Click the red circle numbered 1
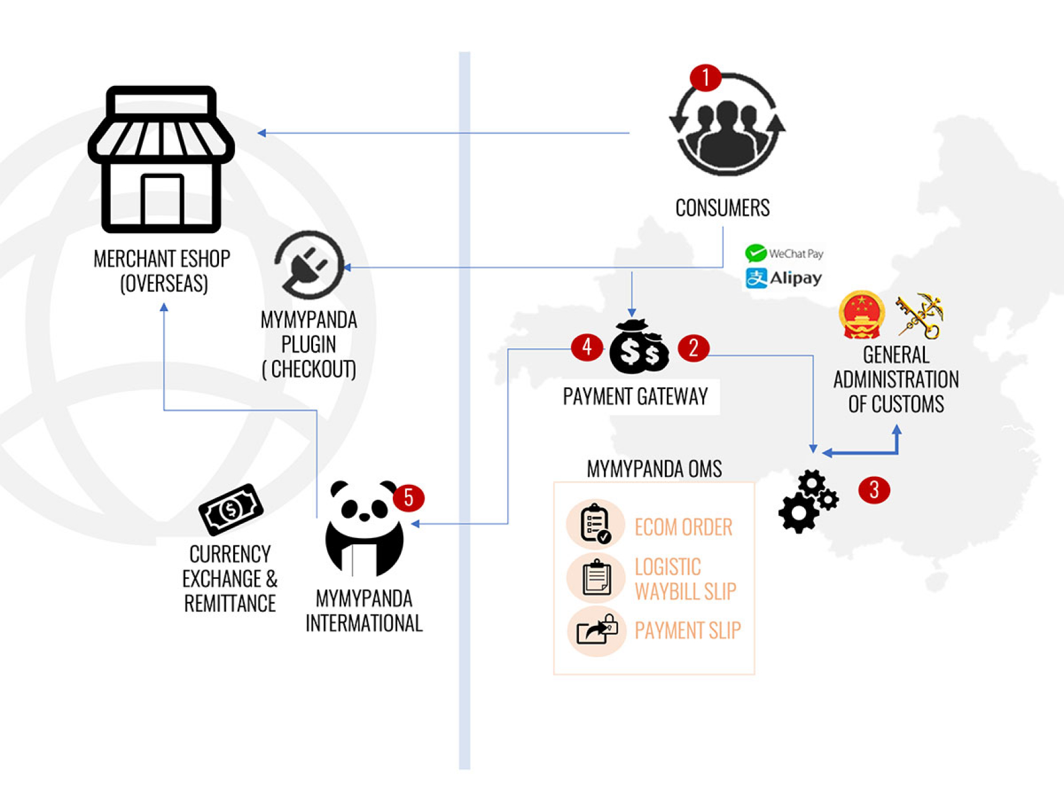[x=705, y=78]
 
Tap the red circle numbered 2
[x=693, y=348]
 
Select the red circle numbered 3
[x=873, y=490]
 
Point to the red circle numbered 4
[x=586, y=348]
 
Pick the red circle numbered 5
[x=408, y=498]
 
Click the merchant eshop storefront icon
[x=161, y=160]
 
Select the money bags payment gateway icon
[x=639, y=348]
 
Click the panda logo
[x=364, y=528]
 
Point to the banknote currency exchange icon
[x=231, y=509]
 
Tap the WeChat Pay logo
[x=784, y=254]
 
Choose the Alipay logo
[x=784, y=278]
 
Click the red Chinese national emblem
[x=862, y=315]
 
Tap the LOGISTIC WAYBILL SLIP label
[x=685, y=579]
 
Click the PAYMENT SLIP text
[x=687, y=631]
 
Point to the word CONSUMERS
[x=722, y=208]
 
